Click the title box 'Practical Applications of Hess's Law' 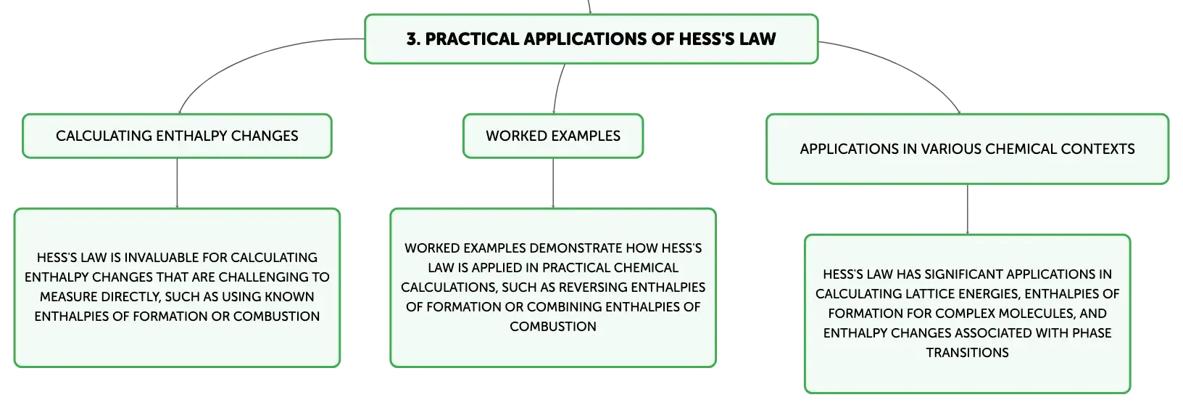pos(591,39)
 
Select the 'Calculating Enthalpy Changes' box pos(177,136)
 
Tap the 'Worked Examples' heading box pos(553,136)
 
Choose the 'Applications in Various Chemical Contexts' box pos(967,150)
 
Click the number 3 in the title pos(412,39)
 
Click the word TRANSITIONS pos(967,353)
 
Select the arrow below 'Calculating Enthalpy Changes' pos(177,183)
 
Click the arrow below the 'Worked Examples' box pos(553,183)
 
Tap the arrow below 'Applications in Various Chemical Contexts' pos(968,210)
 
